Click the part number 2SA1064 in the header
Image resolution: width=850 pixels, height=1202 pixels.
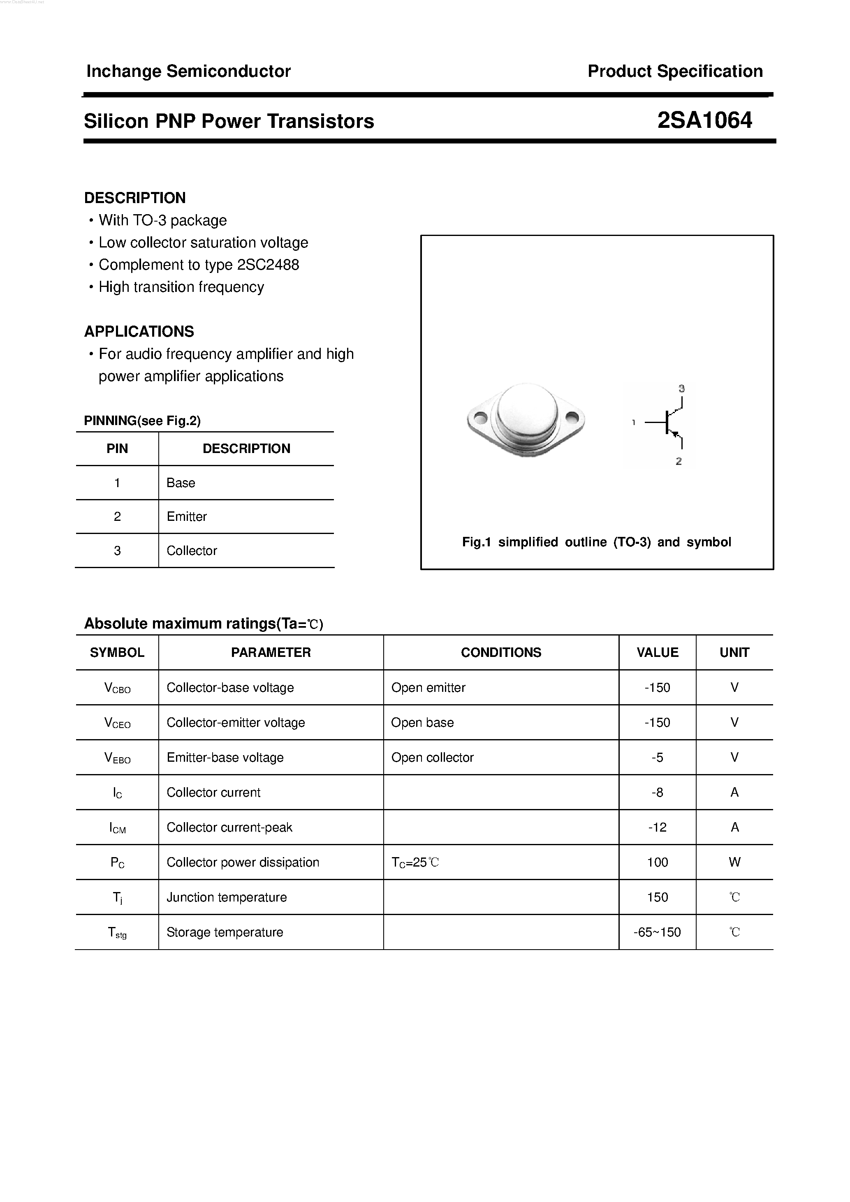tap(704, 120)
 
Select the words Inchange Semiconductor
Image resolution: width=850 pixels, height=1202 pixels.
tap(188, 71)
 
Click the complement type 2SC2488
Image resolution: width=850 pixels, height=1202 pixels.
tap(268, 265)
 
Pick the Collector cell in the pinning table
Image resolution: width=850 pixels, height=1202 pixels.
tap(191, 551)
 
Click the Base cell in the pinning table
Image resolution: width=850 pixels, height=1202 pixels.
tap(181, 483)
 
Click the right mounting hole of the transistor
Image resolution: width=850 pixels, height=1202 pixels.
tap(572, 418)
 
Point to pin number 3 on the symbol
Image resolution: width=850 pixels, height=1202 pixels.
tap(681, 388)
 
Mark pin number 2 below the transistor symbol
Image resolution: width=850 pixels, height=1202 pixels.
tap(679, 461)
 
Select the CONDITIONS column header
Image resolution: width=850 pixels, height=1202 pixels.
tap(501, 652)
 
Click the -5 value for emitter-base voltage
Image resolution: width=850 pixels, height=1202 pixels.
tap(657, 758)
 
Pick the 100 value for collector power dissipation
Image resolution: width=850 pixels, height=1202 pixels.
tap(657, 862)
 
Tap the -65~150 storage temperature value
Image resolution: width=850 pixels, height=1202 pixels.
tap(657, 932)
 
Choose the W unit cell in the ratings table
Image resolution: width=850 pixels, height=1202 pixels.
tap(734, 862)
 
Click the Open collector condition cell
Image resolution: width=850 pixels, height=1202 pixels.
tap(432, 758)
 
